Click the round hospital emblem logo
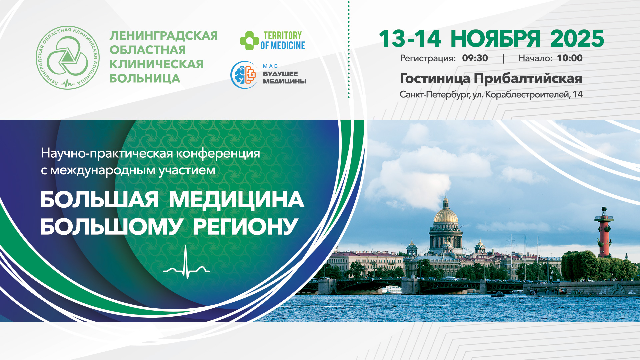(68, 58)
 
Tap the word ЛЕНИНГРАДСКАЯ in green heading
(164, 36)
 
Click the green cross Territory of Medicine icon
(249, 41)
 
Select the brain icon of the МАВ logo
(244, 75)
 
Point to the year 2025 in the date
(577, 39)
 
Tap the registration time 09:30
(475, 58)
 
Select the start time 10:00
(570, 58)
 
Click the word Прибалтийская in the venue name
(528, 79)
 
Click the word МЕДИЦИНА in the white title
(237, 200)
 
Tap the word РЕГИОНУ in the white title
(246, 227)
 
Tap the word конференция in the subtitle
(218, 153)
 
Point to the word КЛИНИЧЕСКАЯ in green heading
(156, 64)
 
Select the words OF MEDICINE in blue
(283, 46)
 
